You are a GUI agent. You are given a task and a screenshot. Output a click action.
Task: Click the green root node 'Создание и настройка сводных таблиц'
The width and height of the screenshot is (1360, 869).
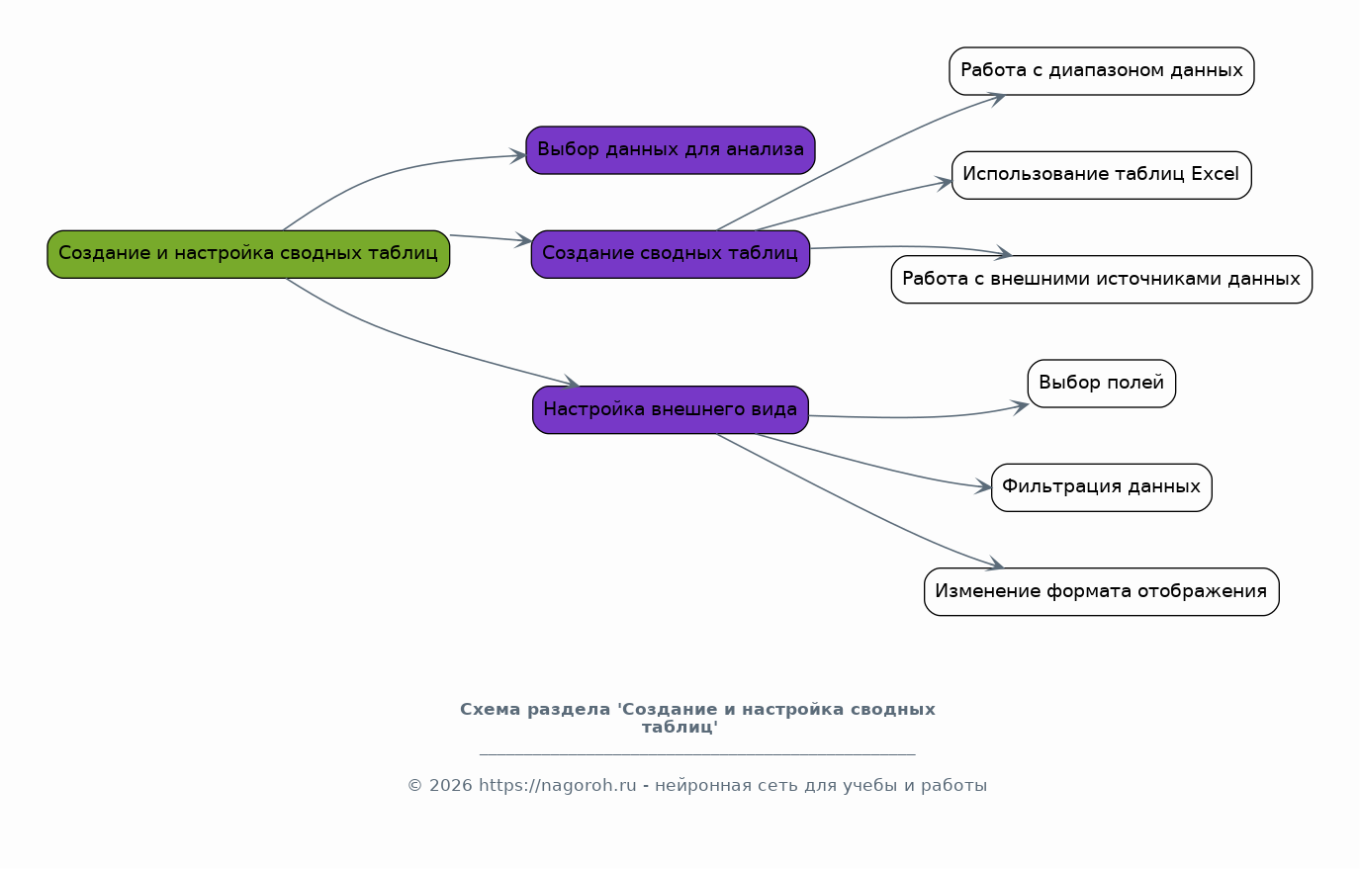(248, 254)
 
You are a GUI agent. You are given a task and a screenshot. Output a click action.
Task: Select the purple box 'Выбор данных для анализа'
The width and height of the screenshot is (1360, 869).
(671, 150)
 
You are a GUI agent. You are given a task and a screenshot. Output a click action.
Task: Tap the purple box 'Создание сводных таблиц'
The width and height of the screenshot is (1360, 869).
(671, 254)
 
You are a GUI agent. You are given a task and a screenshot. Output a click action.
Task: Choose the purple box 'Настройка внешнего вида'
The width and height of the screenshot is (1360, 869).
(671, 409)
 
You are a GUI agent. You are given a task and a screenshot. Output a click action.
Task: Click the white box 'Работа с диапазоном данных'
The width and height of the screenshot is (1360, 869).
(1102, 71)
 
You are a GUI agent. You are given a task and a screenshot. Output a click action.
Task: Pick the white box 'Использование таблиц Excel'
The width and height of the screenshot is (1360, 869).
(1102, 175)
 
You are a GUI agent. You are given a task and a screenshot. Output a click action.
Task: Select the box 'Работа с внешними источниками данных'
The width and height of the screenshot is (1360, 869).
(1102, 280)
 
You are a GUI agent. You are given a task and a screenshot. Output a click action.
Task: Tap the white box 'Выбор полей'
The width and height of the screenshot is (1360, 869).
(1102, 384)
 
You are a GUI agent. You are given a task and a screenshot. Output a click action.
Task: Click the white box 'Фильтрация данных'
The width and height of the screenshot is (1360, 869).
(1102, 487)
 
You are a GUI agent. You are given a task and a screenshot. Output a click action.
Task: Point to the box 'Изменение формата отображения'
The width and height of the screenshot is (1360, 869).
(1102, 592)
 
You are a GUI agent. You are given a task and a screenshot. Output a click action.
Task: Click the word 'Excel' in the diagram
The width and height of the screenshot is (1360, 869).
(1215, 175)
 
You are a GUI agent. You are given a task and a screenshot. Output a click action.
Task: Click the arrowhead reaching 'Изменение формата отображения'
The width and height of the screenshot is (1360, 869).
(997, 565)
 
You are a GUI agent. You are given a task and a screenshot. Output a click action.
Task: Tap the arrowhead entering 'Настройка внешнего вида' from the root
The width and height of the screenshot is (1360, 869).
(573, 384)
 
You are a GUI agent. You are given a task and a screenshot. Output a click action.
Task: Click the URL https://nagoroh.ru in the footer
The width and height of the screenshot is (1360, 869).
(558, 786)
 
